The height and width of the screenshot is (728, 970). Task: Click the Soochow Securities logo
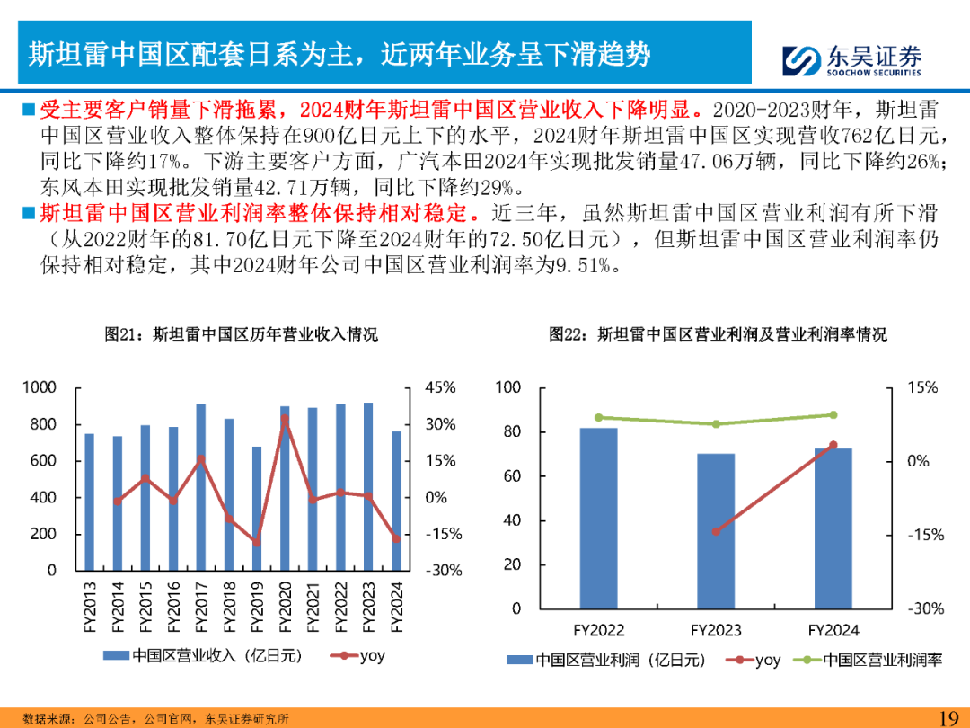[849, 60]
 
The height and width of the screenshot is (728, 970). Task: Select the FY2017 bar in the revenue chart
[200, 486]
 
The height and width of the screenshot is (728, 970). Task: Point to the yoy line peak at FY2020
[285, 419]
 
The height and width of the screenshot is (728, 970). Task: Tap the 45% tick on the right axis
[439, 387]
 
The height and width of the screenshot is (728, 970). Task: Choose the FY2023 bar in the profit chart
[716, 530]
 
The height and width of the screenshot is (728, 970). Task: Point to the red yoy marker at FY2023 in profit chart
[716, 531]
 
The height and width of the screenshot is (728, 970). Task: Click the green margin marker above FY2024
[833, 415]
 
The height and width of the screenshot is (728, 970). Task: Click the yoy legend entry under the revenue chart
[359, 655]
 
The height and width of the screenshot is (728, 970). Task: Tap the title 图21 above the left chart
[241, 334]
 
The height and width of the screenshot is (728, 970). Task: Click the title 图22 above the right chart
[718, 334]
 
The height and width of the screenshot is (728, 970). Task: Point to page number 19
[948, 717]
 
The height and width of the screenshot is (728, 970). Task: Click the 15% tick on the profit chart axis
[922, 387]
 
